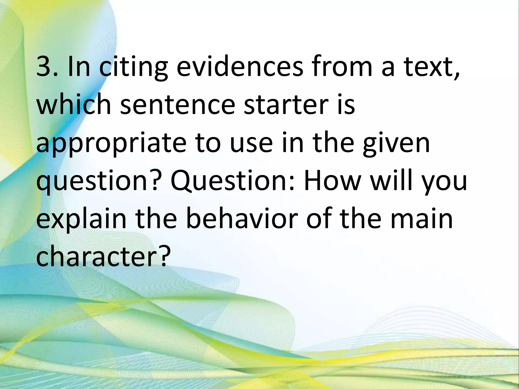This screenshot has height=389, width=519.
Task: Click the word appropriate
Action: tap(112, 143)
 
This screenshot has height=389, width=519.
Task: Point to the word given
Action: tap(396, 143)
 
